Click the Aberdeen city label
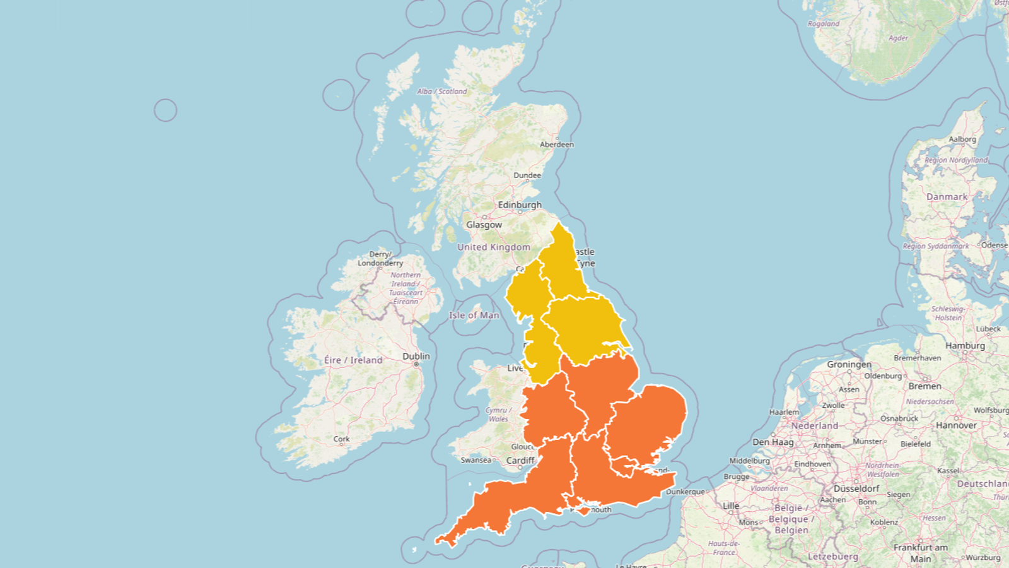pos(556,145)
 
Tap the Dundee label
pos(527,175)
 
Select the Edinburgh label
pos(520,205)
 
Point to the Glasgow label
pos(484,225)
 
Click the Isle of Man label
pos(474,315)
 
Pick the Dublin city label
pos(416,357)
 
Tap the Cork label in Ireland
pos(341,439)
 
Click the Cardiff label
pos(520,461)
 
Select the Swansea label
pos(475,460)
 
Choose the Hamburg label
pos(965,346)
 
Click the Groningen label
pos(849,365)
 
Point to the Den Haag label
pos(773,442)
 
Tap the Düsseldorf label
pos(856,488)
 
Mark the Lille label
pos(731,506)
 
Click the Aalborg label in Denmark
pos(962,139)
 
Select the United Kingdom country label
pos(493,247)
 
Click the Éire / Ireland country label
pos(353,360)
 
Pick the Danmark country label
pos(947,197)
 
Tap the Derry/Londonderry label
pos(380,259)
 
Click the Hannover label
pos(956,425)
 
